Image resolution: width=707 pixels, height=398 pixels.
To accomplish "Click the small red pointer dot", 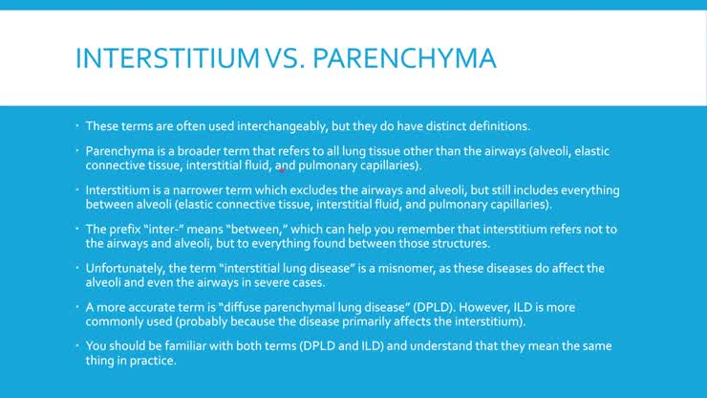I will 284,170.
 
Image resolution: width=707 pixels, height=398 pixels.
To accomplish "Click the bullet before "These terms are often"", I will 77,126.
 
